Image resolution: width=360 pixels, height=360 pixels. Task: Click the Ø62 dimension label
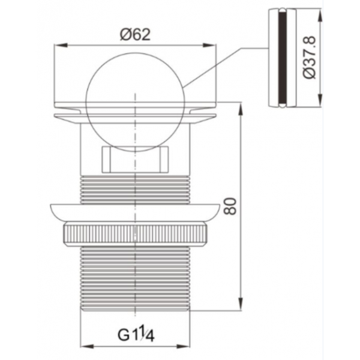[135, 35]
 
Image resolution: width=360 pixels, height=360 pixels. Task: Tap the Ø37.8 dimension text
[310, 58]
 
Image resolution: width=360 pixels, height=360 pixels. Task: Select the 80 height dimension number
[230, 206]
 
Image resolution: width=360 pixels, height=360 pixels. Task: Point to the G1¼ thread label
[136, 335]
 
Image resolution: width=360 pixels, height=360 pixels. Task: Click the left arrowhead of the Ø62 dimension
[61, 45]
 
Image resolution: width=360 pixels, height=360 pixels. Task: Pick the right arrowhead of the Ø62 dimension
[209, 45]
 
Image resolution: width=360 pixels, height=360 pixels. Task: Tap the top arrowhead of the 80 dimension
[241, 110]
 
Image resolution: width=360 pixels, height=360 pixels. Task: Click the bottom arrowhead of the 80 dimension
[241, 304]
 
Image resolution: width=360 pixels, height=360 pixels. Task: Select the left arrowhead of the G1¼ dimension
[88, 346]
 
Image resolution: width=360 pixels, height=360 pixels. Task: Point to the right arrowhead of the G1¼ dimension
[183, 346]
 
